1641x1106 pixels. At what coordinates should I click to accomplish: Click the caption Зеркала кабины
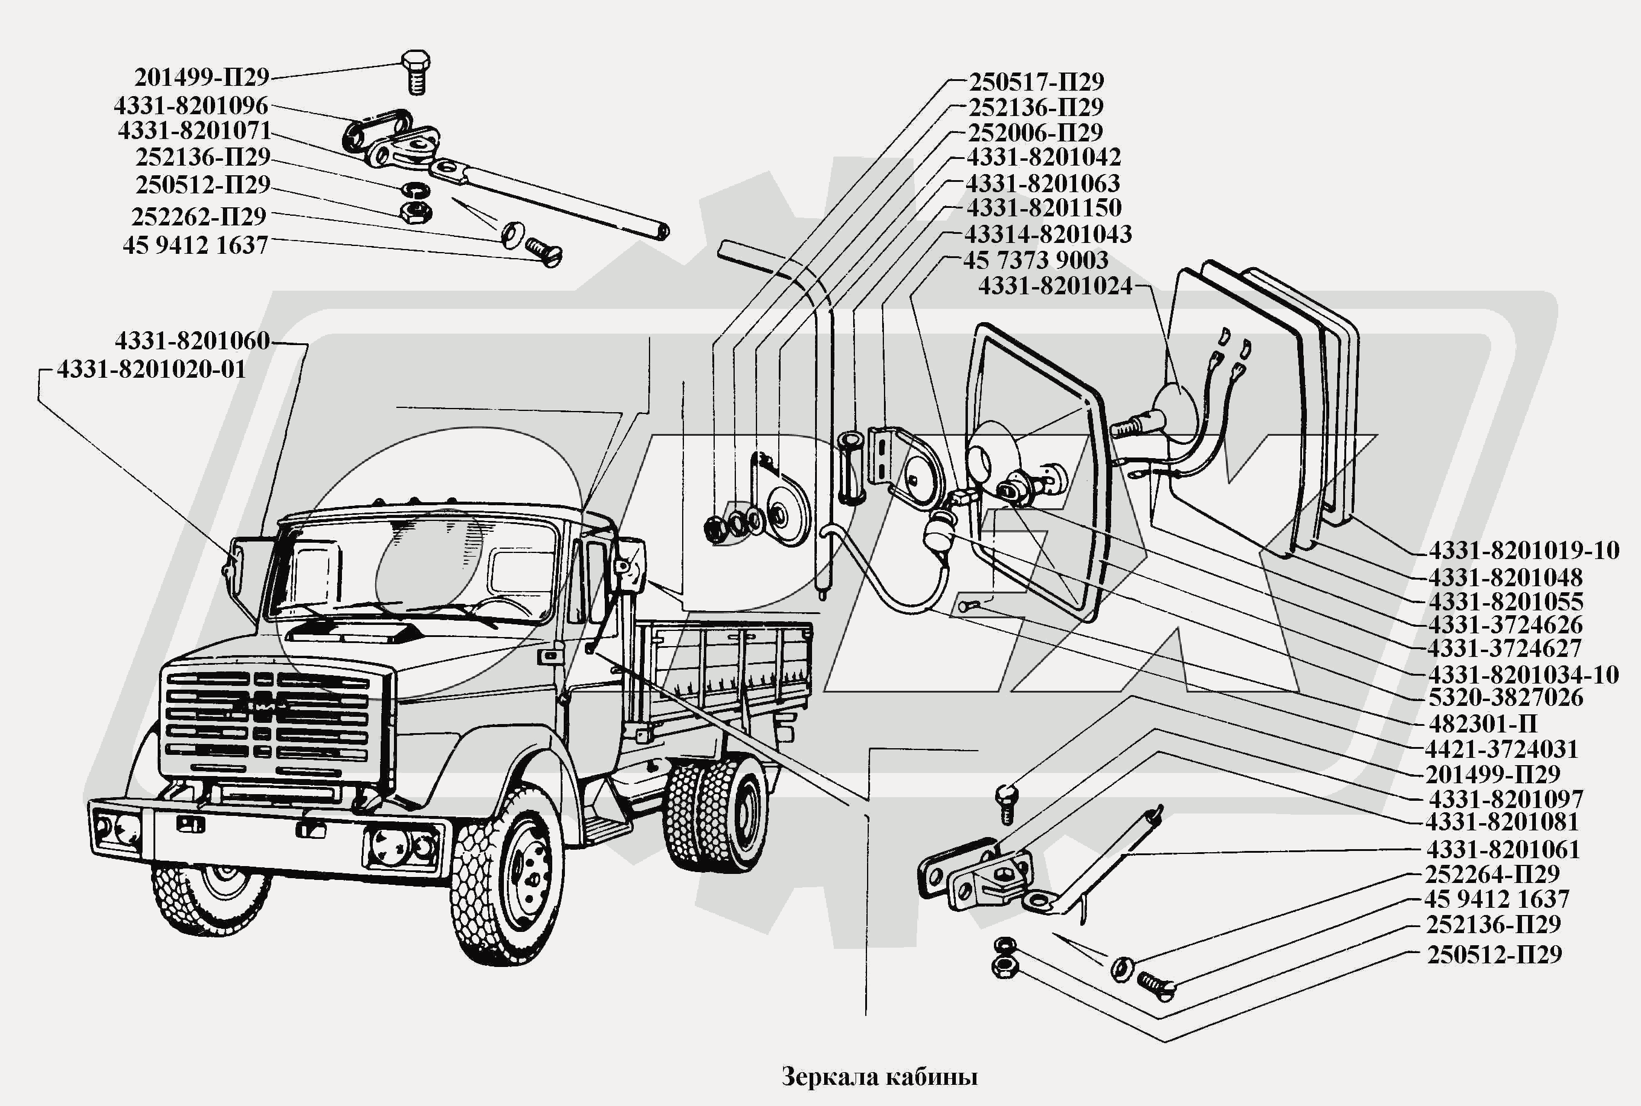pyautogui.click(x=879, y=1077)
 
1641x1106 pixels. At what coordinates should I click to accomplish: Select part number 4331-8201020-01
pyautogui.click(x=151, y=369)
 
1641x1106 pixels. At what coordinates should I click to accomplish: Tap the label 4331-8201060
pyautogui.click(x=192, y=341)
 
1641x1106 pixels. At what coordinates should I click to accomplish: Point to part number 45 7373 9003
pyautogui.click(x=1035, y=260)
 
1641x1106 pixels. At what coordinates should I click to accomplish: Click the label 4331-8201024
pyautogui.click(x=1054, y=286)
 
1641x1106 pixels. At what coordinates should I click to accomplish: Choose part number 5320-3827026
pyautogui.click(x=1505, y=697)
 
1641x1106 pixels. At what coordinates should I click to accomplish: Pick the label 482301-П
pyautogui.click(x=1482, y=723)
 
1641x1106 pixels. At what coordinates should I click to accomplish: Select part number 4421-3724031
pyautogui.click(x=1501, y=748)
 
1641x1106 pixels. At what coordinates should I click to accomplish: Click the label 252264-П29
pyautogui.click(x=1492, y=874)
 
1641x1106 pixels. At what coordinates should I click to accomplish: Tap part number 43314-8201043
pyautogui.click(x=1047, y=234)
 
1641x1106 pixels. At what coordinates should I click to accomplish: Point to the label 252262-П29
pyautogui.click(x=198, y=216)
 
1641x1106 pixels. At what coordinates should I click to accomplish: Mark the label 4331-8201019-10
pyautogui.click(x=1523, y=550)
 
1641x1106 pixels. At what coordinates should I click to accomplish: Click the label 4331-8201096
pyautogui.click(x=190, y=106)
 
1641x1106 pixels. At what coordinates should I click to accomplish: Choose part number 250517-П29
pyautogui.click(x=1035, y=82)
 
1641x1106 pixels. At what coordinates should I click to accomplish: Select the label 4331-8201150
pyautogui.click(x=1043, y=208)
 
